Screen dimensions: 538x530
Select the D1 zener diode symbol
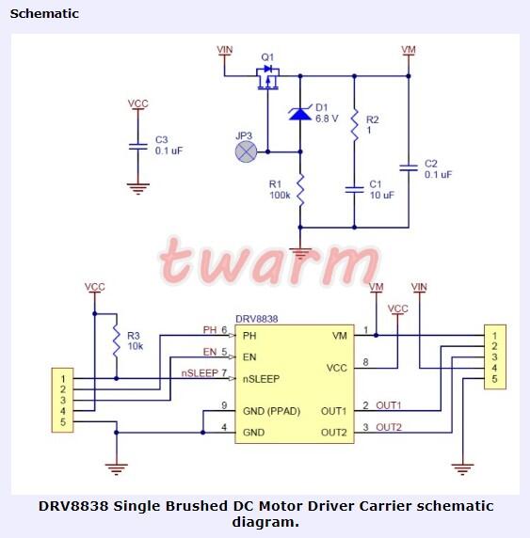[x=299, y=114]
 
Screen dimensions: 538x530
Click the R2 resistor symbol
[x=354, y=126]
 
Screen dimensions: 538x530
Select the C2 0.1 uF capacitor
[x=409, y=168]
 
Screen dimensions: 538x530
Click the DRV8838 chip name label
[x=256, y=320]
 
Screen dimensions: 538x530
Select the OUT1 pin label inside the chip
[x=334, y=411]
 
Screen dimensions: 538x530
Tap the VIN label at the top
[x=225, y=49]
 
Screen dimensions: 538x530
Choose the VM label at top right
[x=409, y=49]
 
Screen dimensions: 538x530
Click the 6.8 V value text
[x=328, y=119]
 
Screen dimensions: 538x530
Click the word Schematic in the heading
[x=44, y=14]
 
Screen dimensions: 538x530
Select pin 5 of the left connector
[x=62, y=421]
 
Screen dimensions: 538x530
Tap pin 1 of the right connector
[x=493, y=335]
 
